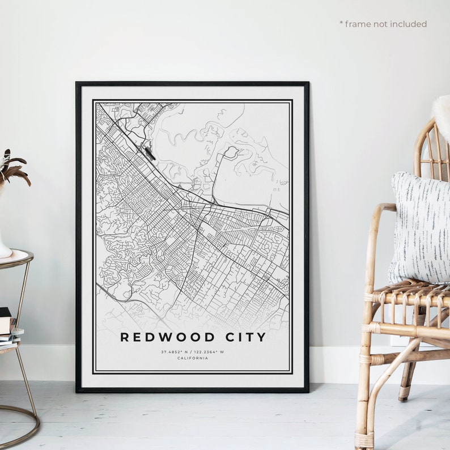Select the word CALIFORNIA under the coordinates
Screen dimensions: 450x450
(192, 358)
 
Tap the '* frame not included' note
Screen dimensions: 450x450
(383, 24)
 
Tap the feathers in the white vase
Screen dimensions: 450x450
(12, 167)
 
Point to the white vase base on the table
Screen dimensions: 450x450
(4, 250)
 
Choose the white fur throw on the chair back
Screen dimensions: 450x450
(441, 116)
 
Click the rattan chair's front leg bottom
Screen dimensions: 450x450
(364, 439)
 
